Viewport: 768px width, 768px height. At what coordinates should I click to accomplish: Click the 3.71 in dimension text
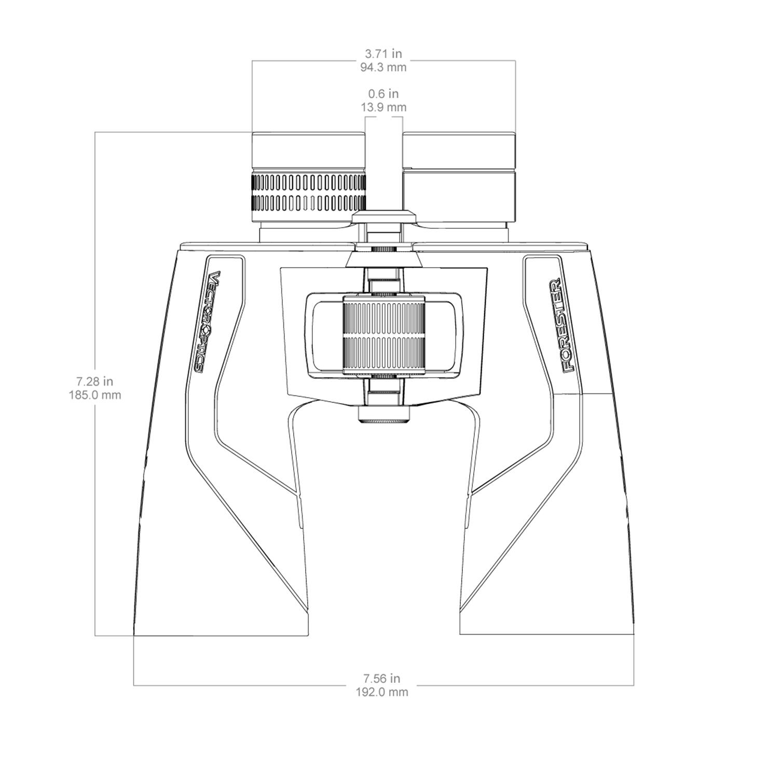tap(383, 53)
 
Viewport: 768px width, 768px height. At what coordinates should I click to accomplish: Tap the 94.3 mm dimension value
tap(383, 67)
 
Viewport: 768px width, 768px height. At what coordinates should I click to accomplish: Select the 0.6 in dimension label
tap(383, 94)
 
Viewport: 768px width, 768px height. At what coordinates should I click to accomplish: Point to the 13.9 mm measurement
tap(383, 107)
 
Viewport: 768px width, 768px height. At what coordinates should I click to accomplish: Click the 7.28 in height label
tap(95, 381)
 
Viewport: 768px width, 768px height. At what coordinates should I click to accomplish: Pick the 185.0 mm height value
tap(95, 395)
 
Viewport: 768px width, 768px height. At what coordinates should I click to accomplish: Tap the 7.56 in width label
tap(382, 678)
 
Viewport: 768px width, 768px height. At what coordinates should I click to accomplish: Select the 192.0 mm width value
tap(382, 692)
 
